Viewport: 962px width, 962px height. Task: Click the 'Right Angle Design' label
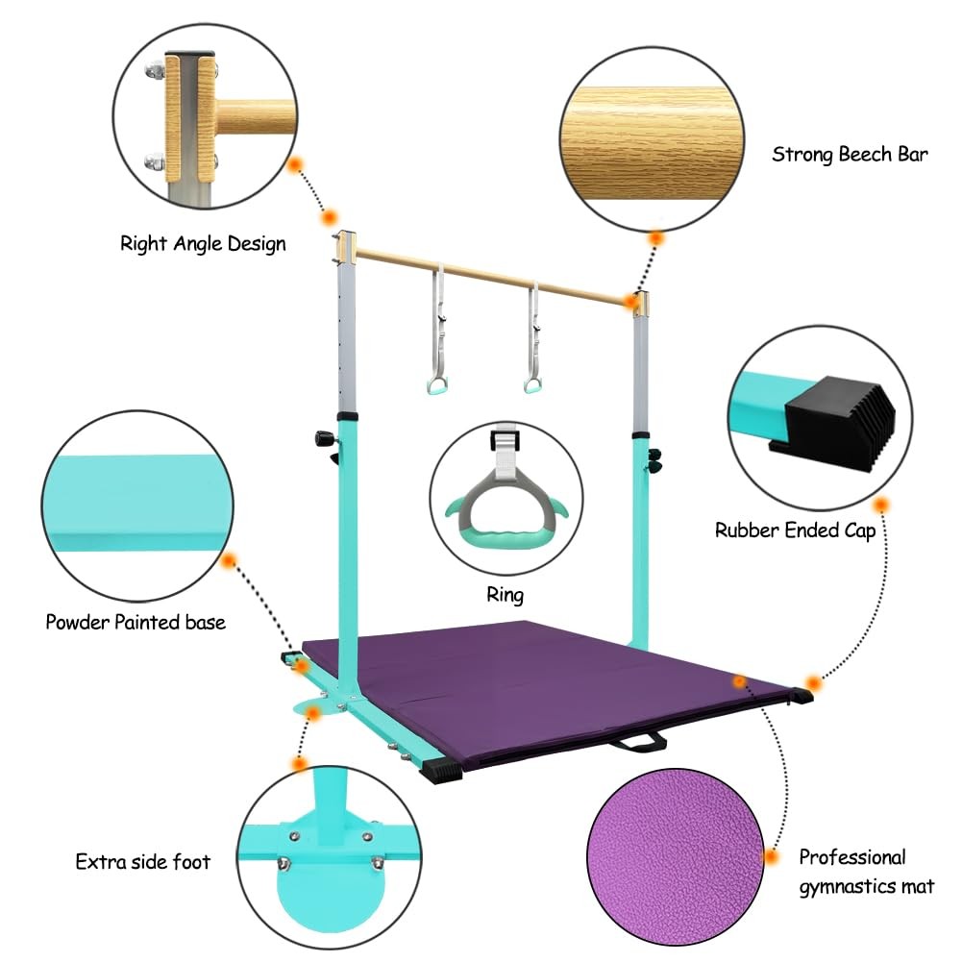click(203, 243)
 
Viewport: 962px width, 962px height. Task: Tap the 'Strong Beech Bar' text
click(850, 154)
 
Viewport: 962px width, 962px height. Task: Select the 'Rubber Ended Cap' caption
click(795, 530)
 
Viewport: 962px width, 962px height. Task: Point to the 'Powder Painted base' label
click(136, 622)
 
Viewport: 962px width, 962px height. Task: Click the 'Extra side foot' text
click(142, 860)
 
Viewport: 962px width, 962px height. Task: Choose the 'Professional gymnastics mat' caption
click(866, 871)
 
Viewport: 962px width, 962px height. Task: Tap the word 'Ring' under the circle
click(505, 595)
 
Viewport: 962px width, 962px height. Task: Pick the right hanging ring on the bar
click(531, 384)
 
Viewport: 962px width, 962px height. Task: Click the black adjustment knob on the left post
click(321, 438)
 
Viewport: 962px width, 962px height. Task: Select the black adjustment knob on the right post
click(654, 459)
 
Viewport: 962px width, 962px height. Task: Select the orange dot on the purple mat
click(739, 680)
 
